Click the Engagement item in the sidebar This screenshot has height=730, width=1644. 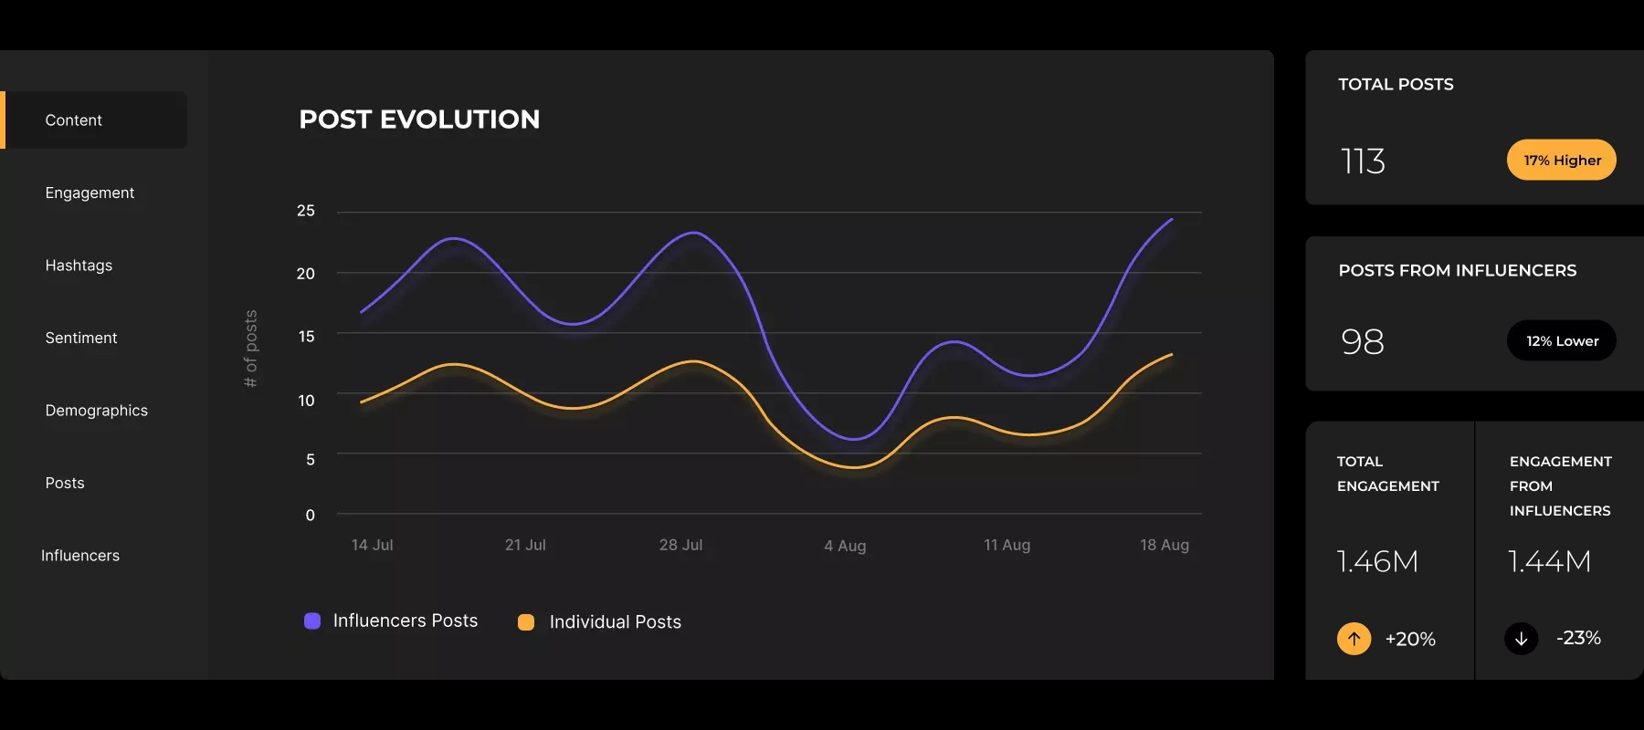(90, 193)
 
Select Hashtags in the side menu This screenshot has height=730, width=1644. (79, 266)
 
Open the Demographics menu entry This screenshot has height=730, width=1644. (96, 411)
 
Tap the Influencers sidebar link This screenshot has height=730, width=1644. (80, 556)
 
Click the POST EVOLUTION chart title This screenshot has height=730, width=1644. (419, 120)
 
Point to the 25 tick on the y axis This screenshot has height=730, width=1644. (306, 211)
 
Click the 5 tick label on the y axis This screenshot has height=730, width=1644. (311, 460)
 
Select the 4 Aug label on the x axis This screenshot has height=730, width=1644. (845, 546)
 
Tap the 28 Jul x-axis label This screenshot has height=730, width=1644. (680, 545)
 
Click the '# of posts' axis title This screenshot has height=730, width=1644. (251, 349)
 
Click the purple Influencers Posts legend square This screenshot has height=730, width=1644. (312, 621)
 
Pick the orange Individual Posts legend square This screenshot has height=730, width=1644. (526, 622)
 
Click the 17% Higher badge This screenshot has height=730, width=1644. (1561, 161)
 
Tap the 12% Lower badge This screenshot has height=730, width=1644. (1561, 341)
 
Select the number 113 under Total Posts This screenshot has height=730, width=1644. (1363, 162)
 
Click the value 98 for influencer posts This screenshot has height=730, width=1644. (1363, 342)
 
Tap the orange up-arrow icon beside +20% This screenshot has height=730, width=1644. (1354, 639)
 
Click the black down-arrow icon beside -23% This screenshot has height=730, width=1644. (1521, 639)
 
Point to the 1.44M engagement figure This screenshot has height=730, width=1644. (1549, 561)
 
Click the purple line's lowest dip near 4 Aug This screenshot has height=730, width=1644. (853, 439)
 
